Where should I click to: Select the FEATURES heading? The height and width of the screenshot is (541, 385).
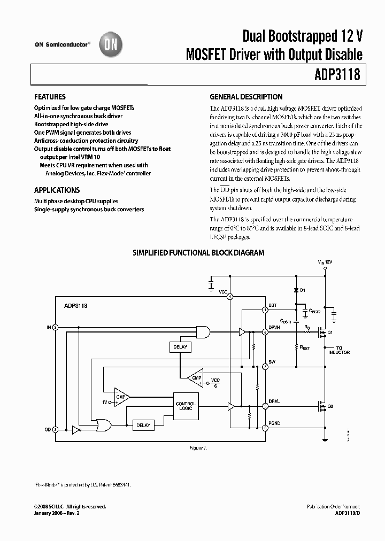pyautogui.click(x=50, y=97)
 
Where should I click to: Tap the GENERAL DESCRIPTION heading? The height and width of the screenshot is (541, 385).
pyautogui.click(x=246, y=97)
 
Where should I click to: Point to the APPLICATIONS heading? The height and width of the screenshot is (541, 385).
pyautogui.click(x=57, y=190)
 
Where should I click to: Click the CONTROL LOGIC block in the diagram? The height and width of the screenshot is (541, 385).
pyautogui.click(x=186, y=406)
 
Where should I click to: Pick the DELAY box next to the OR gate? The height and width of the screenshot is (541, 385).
pyautogui.click(x=143, y=425)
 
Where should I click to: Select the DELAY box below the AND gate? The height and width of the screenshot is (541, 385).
pyautogui.click(x=181, y=347)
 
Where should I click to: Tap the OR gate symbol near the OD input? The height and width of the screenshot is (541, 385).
pyautogui.click(x=103, y=425)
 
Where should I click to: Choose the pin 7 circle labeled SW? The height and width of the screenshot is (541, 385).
pyautogui.click(x=265, y=366)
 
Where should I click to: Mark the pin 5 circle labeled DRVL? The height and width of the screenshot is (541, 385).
pyautogui.click(x=265, y=406)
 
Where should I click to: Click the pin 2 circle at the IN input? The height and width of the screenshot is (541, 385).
pyautogui.click(x=55, y=327)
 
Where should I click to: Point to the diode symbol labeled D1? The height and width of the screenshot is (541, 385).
pyautogui.click(x=295, y=290)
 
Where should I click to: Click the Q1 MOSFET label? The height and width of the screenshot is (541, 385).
pyautogui.click(x=330, y=333)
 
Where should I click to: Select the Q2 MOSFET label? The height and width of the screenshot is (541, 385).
pyautogui.click(x=330, y=406)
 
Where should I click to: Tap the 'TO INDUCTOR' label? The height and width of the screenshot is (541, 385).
pyautogui.click(x=339, y=350)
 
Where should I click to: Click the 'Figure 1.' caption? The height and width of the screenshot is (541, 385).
pyautogui.click(x=198, y=447)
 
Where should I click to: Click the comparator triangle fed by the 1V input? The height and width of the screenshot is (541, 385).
pyautogui.click(x=121, y=397)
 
